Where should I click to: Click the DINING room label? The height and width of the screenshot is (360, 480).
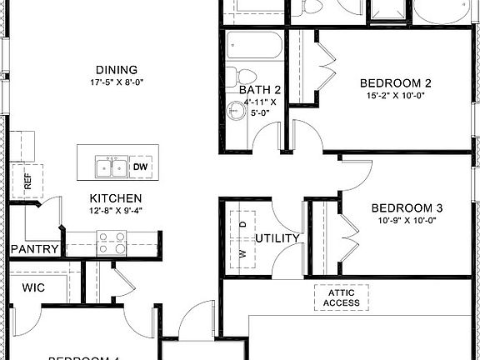coord(117,69)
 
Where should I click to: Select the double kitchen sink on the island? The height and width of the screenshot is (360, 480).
coord(112,167)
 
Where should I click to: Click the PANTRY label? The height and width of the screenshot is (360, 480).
coord(35,248)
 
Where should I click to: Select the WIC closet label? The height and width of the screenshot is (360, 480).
coord(34,287)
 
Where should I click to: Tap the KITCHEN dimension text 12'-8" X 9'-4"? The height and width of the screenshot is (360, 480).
coord(116,212)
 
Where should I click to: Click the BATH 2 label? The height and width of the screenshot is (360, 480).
coord(260,90)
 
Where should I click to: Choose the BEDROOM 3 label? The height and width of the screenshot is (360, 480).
coord(406,207)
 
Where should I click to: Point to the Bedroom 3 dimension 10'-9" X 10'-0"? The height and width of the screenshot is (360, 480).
coord(406,220)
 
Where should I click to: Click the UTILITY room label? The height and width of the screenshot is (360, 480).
coord(277,239)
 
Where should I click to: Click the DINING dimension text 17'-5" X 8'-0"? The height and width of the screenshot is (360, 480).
coord(117,82)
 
